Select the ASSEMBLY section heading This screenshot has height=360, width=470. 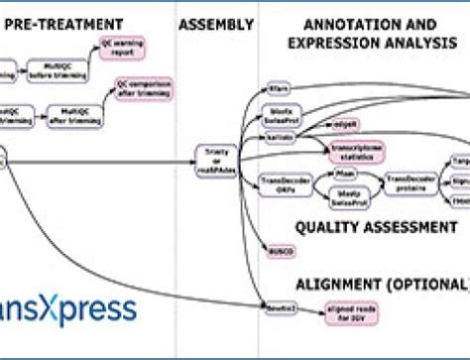coord(216,22)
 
